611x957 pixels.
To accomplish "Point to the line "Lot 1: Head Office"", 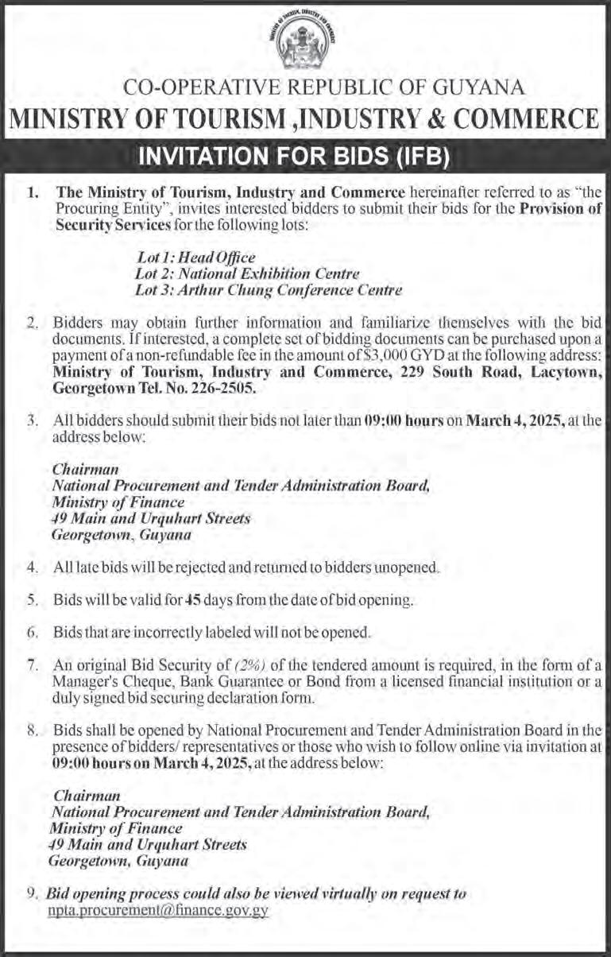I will tap(195, 258).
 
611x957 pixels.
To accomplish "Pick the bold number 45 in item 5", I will tap(191, 601).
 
